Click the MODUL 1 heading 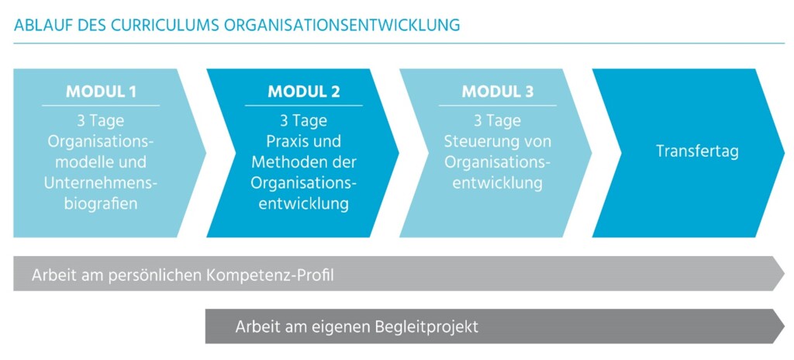pos(101,92)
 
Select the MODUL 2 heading pos(304,92)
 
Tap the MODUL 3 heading pos(497,92)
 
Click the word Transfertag pos(697,151)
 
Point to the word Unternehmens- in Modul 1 pos(101,182)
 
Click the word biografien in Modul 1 pos(101,203)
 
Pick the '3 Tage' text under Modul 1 pos(101,121)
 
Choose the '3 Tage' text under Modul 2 pos(304,121)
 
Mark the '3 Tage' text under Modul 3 pos(497,121)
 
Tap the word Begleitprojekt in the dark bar pos(427,327)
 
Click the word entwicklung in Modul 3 pos(497,182)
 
